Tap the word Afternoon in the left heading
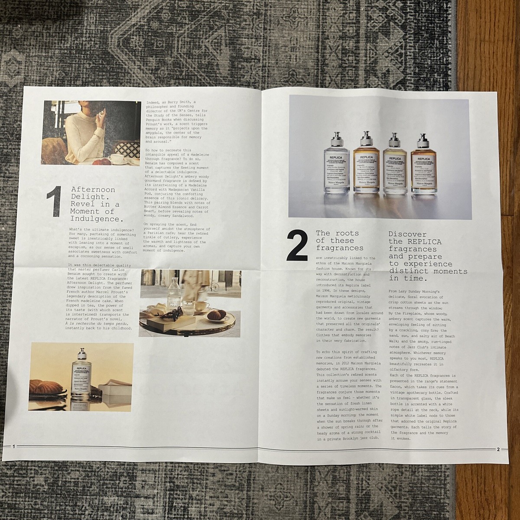coord(87,190)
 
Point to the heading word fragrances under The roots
coord(339,248)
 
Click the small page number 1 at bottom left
coord(14,447)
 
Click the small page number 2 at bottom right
coord(498,450)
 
